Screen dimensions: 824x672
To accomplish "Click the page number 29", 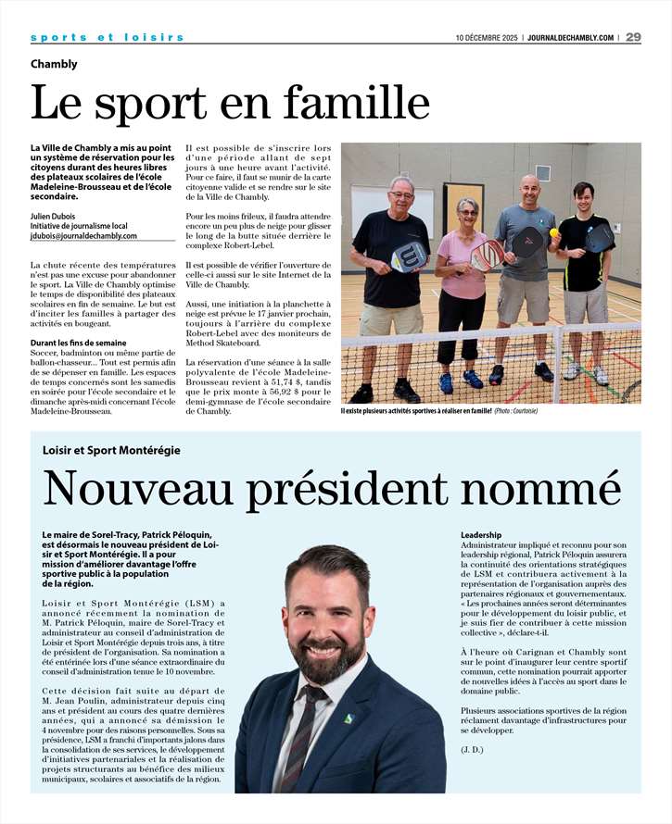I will [x=633, y=37].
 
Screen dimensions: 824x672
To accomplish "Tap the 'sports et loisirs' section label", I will [x=107, y=37].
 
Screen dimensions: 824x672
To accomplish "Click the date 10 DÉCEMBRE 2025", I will [x=486, y=38].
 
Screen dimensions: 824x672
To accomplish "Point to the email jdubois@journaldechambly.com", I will [x=83, y=236].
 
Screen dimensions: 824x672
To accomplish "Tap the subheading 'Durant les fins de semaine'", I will [x=78, y=343].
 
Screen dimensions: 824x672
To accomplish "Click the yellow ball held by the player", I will [x=553, y=232].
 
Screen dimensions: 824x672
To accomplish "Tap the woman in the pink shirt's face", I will [x=466, y=209].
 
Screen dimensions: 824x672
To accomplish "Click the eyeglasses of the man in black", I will [x=401, y=195].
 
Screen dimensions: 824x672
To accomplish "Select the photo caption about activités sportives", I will [x=439, y=410].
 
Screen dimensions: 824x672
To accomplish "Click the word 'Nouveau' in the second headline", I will [x=135, y=490].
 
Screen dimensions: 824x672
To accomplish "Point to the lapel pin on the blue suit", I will [x=349, y=718].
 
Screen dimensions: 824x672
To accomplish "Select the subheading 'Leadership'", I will [x=481, y=535].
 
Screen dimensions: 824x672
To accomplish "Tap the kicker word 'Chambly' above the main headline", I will [x=54, y=64].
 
